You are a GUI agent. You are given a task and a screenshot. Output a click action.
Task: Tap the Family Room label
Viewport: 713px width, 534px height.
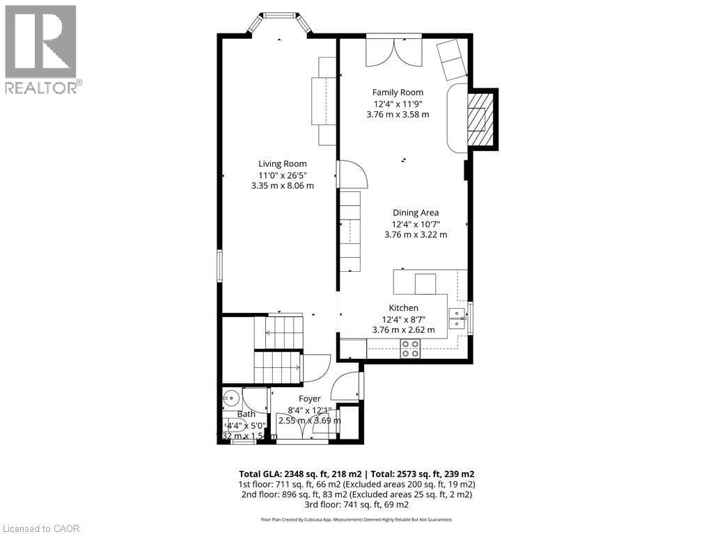click(398, 92)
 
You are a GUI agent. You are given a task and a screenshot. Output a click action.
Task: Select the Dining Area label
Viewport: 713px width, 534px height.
click(415, 213)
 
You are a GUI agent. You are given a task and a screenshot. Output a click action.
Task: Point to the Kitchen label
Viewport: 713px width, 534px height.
click(403, 308)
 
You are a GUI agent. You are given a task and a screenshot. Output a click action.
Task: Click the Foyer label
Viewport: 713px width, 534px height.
click(310, 399)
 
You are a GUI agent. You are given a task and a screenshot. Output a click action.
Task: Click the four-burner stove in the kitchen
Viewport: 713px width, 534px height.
click(410, 348)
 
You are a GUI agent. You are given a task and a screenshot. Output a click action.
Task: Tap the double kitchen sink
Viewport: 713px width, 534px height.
click(457, 318)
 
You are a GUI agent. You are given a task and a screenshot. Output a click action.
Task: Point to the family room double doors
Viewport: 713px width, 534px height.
click(394, 50)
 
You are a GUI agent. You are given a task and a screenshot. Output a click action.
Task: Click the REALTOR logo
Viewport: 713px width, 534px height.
click(41, 49)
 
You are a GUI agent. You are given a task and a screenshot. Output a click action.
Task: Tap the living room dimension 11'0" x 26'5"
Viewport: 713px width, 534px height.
click(283, 175)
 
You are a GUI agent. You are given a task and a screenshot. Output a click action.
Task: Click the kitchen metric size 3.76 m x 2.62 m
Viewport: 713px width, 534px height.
click(404, 330)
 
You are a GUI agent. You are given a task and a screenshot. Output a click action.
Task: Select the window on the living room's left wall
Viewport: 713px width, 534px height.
click(219, 266)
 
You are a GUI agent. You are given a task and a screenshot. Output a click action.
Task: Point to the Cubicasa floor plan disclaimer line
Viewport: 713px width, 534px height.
click(356, 519)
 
